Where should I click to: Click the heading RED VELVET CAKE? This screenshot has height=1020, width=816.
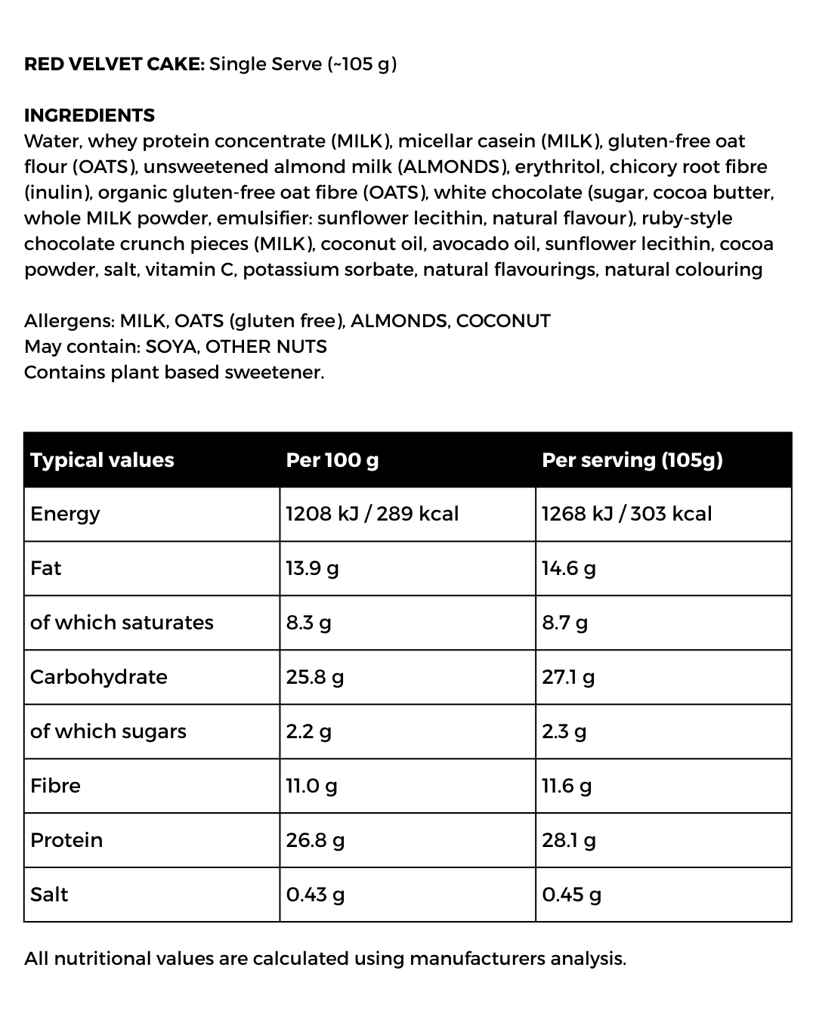click(114, 64)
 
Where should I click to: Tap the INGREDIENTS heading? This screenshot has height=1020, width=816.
click(89, 116)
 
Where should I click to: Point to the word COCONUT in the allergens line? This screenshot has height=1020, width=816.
click(503, 321)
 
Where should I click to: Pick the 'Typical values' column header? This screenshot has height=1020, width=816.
click(102, 460)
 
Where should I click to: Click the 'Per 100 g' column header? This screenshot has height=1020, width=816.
click(332, 460)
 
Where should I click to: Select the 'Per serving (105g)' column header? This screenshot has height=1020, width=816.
click(632, 460)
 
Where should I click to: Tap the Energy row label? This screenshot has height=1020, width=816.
click(65, 515)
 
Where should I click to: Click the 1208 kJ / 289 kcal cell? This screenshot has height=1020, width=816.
click(372, 514)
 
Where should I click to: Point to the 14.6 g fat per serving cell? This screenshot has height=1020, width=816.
click(568, 568)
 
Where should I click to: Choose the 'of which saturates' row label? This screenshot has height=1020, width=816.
click(122, 623)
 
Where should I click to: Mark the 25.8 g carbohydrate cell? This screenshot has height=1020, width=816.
click(314, 677)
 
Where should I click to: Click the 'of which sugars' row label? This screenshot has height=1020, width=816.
click(108, 731)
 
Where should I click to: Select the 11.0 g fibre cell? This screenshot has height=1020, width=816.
click(311, 786)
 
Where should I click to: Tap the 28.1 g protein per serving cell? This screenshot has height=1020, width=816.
click(568, 840)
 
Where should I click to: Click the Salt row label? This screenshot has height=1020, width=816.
click(49, 895)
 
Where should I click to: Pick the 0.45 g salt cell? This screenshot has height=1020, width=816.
click(571, 895)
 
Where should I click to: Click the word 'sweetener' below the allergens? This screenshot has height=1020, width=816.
click(274, 372)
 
